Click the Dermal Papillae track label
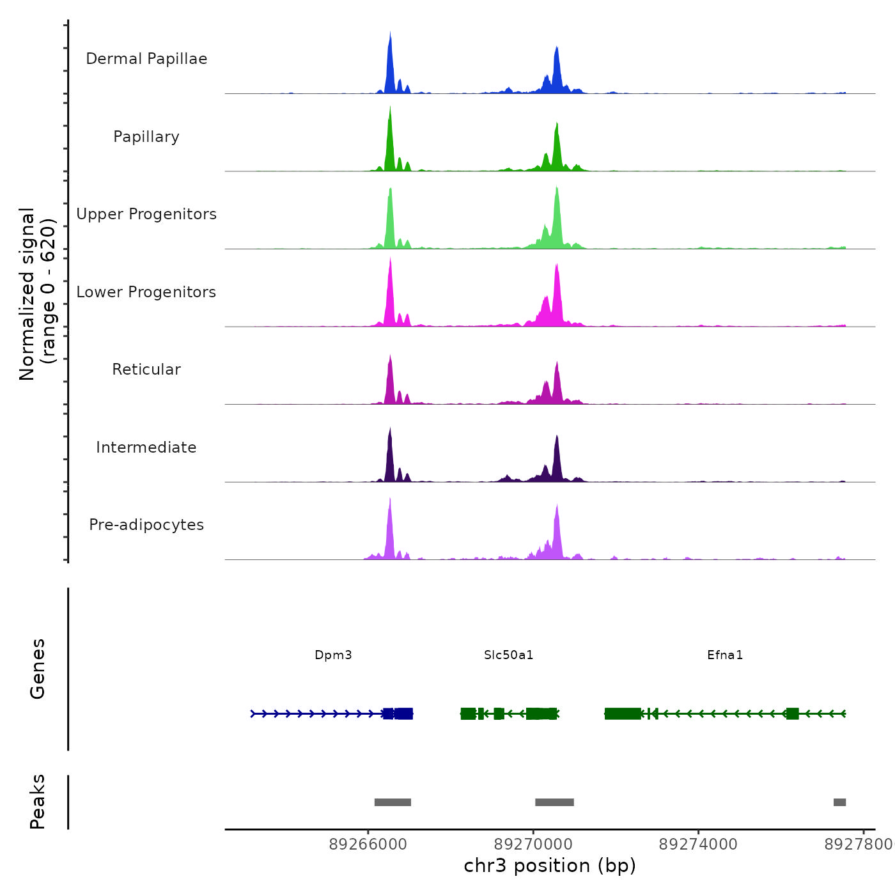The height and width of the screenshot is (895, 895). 146,59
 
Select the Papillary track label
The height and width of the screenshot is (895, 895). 146,137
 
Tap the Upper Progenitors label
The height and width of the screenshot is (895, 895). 146,214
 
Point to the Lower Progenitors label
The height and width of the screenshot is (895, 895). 146,292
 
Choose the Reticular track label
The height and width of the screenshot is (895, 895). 146,370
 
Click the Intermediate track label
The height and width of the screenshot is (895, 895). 146,447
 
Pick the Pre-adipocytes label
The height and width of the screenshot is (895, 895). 146,525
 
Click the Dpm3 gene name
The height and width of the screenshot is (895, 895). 333,655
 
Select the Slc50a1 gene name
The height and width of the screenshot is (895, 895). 508,655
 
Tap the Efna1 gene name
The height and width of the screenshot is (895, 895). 725,655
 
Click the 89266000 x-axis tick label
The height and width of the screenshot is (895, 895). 368,844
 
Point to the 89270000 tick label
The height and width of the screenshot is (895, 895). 533,844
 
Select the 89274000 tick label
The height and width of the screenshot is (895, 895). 698,844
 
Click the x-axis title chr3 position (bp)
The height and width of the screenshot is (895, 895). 550,866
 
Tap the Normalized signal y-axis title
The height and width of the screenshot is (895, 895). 37,293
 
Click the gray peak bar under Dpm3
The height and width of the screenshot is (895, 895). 393,802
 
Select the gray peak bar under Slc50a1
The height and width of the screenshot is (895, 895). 554,802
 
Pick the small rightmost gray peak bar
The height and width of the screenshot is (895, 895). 839,802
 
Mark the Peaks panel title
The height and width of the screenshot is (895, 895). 37,801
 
